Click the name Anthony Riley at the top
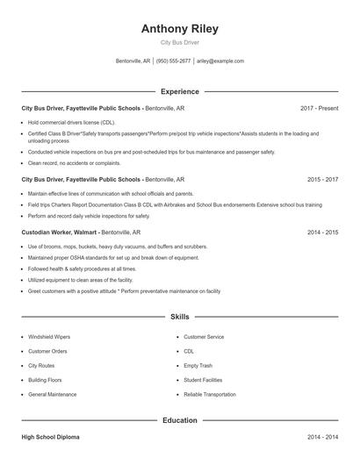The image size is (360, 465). tap(180, 29)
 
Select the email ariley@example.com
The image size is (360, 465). tap(220, 61)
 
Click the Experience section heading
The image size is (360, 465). tap(180, 91)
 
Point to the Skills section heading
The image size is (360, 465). tap(180, 316)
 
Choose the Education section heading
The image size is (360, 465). tap(180, 420)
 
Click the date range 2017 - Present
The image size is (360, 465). tap(319, 108)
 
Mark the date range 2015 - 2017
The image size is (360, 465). tap(322, 179)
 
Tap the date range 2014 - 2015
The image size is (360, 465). tap(322, 232)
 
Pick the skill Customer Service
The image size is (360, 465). tap(204, 337)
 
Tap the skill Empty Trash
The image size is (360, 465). tap(198, 366)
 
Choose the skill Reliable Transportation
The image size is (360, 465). tap(210, 395)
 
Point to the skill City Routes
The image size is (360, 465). tap(41, 366)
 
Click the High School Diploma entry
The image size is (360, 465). tap(53, 437)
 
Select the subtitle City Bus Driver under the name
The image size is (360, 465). tap(180, 43)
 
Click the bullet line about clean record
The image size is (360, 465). tap(74, 162)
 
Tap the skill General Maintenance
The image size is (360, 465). tap(52, 395)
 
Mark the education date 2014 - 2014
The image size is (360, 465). tap(322, 437)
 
